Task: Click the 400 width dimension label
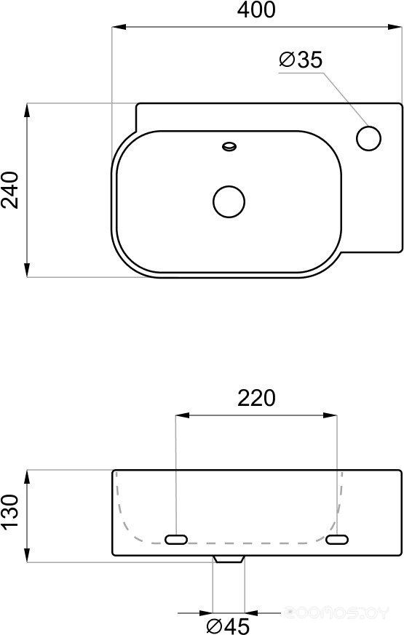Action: [256, 10]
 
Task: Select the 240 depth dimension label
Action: [10, 190]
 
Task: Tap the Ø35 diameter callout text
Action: [301, 60]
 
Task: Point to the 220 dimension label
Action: [256, 398]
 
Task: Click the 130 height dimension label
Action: [10, 511]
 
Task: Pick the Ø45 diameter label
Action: [227, 626]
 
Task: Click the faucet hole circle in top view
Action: [369, 138]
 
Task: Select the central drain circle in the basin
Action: [229, 201]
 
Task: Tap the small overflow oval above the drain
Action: [230, 145]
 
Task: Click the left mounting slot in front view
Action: [176, 539]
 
